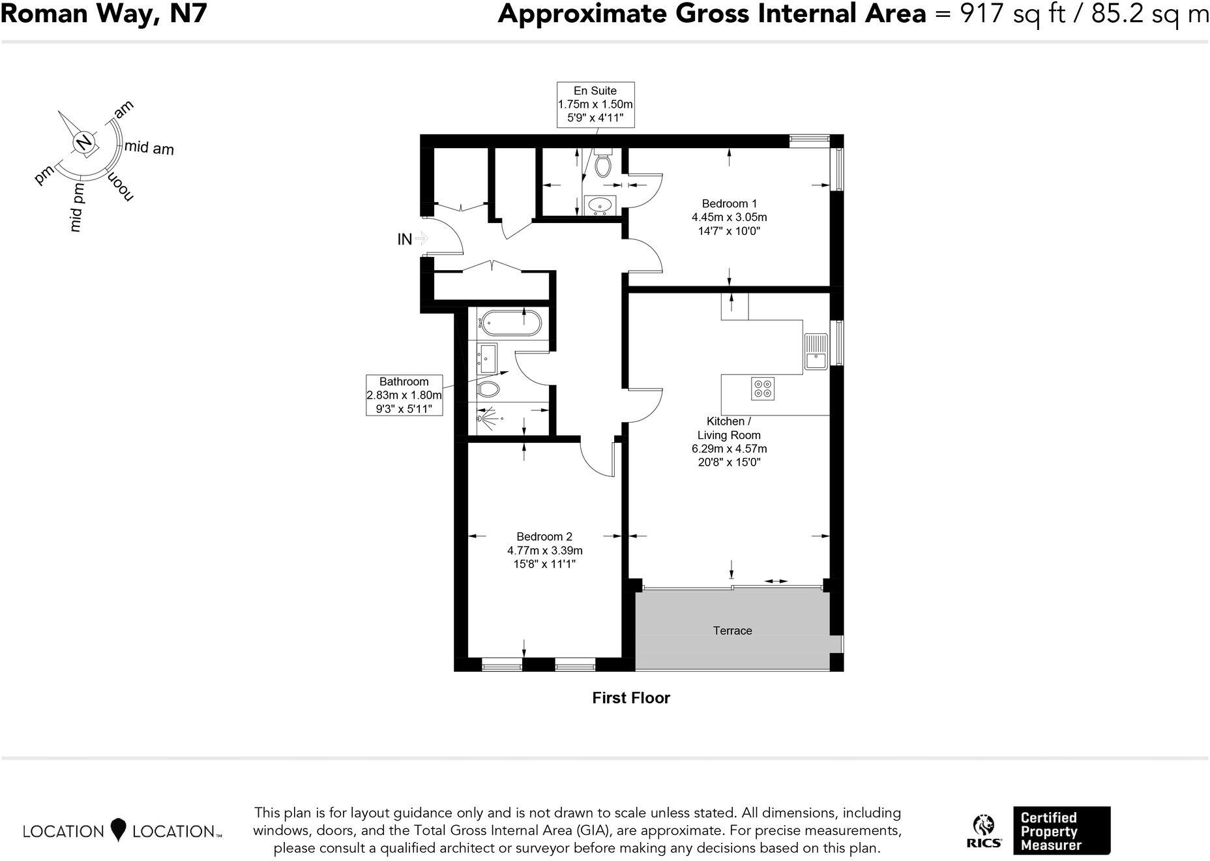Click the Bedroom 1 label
pos(729,204)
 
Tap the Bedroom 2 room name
pos(544,537)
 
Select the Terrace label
pos(732,631)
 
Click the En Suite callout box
pos(595,104)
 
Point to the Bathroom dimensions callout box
pos(404,395)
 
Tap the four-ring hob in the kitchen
pos(763,388)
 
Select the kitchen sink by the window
pos(815,351)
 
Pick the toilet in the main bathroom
pos(488,390)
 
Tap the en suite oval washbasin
pos(600,205)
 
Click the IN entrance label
pos(405,239)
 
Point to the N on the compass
pos(83,143)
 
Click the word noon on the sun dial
pos(121,187)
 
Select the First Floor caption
pos(630,698)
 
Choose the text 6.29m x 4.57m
pos(729,449)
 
